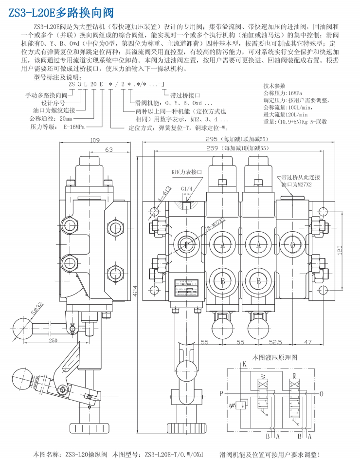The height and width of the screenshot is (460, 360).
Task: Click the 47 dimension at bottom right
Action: tap(307, 342)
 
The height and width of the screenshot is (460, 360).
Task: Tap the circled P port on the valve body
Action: tap(186, 245)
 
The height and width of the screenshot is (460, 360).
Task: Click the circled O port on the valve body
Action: tap(293, 245)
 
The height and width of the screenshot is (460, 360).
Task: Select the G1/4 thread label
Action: tap(186, 189)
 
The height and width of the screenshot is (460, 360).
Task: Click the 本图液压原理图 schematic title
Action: tap(274, 357)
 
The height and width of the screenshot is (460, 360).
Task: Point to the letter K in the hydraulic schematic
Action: tap(245, 364)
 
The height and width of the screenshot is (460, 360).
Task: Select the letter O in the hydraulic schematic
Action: tap(321, 393)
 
